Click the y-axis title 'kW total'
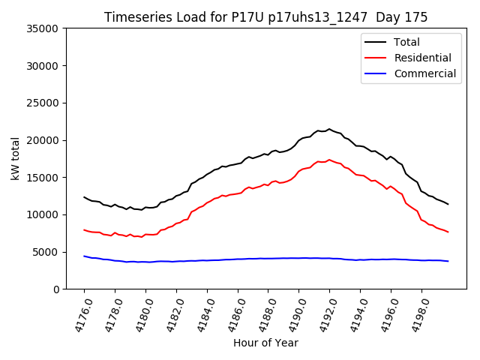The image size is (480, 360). [x=16, y=159]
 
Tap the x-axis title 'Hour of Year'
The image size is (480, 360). [x=265, y=343]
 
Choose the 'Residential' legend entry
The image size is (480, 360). [x=422, y=58]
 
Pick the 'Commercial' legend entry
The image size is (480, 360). [x=424, y=73]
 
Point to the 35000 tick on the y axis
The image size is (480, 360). [x=43, y=28]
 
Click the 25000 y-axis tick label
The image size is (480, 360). [x=43, y=103]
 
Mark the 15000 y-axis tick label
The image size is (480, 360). [x=43, y=177]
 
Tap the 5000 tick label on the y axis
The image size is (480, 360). [x=46, y=252]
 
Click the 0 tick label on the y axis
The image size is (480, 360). [x=56, y=289]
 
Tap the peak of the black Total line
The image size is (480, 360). [x=328, y=129]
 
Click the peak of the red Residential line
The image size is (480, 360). [x=328, y=160]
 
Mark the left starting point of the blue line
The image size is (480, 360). [x=84, y=256]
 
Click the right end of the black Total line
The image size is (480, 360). [x=448, y=204]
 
